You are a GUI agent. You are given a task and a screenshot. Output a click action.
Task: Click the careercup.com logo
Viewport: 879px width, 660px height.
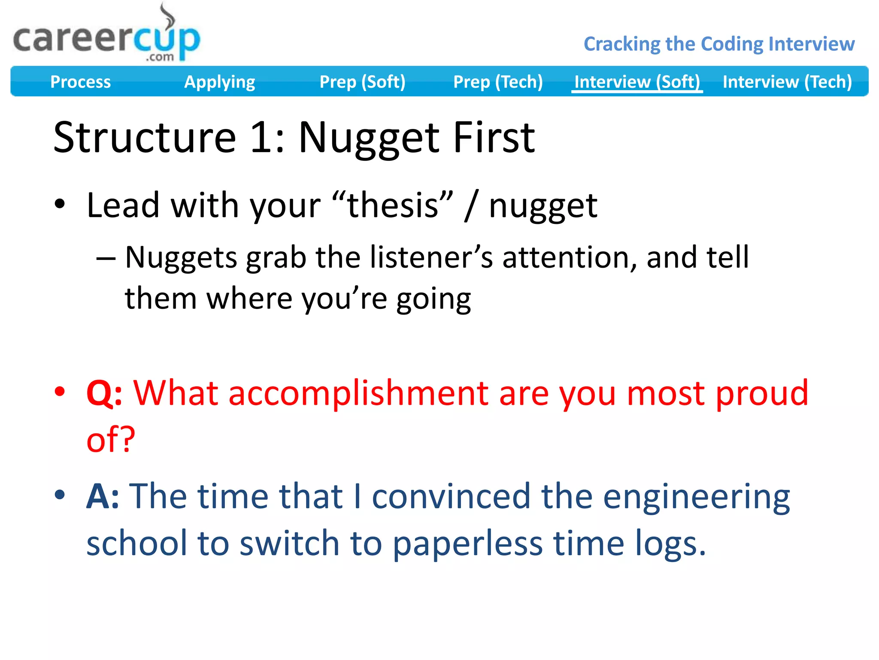click(106, 38)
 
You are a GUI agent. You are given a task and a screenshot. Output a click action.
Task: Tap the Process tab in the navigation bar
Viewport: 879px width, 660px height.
click(80, 82)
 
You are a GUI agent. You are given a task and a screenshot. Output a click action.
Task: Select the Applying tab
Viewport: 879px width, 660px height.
click(219, 82)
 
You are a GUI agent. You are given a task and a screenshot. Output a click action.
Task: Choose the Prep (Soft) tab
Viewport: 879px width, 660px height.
click(362, 82)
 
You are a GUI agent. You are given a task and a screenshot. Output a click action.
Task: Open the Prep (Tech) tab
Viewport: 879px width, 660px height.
click(498, 82)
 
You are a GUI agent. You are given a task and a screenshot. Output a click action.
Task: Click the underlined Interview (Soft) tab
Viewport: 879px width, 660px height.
click(637, 82)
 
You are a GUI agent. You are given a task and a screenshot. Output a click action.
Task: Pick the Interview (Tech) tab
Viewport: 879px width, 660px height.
click(787, 82)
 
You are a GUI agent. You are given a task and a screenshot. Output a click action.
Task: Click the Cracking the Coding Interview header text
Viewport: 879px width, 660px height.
click(719, 44)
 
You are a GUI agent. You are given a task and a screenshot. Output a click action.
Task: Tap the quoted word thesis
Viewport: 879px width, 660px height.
click(393, 205)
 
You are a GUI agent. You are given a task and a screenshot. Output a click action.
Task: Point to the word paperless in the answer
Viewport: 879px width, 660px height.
click(467, 544)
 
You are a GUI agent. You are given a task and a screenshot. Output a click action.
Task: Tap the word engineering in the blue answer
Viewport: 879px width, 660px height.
click(696, 496)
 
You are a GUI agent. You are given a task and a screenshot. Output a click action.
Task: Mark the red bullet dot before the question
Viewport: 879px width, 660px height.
click(60, 391)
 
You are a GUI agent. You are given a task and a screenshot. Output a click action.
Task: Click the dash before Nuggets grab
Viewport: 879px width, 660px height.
click(106, 259)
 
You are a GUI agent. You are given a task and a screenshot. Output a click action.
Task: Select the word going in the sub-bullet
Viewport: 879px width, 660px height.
click(433, 299)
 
